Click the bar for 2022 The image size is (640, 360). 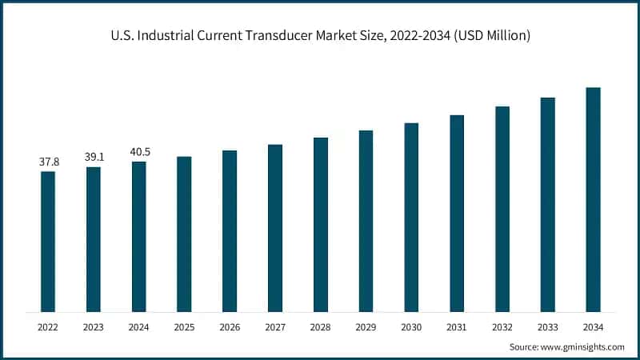pyautogui.click(x=48, y=241)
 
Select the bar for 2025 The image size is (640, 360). pyautogui.click(x=184, y=234)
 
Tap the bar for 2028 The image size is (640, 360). pyautogui.click(x=321, y=224)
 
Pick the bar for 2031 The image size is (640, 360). pyautogui.click(x=457, y=213)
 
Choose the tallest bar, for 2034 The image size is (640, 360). pyautogui.click(x=593, y=199)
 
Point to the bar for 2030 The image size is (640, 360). pyautogui.click(x=411, y=217)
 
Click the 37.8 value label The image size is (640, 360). pyautogui.click(x=48, y=162)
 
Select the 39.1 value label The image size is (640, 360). pyautogui.click(x=94, y=158)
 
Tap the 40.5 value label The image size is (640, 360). pyautogui.click(x=139, y=152)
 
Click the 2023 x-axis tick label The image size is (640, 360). pyautogui.click(x=94, y=326)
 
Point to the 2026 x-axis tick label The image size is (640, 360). pyautogui.click(x=230, y=326)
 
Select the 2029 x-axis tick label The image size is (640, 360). pyautogui.click(x=366, y=326)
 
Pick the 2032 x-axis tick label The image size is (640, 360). pyautogui.click(x=502, y=326)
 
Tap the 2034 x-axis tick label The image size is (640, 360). pyautogui.click(x=593, y=326)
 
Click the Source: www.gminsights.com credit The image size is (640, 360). pyautogui.click(x=566, y=346)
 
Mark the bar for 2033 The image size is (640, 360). pyautogui.click(x=547, y=204)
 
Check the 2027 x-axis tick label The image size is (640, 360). pyautogui.click(x=275, y=326)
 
